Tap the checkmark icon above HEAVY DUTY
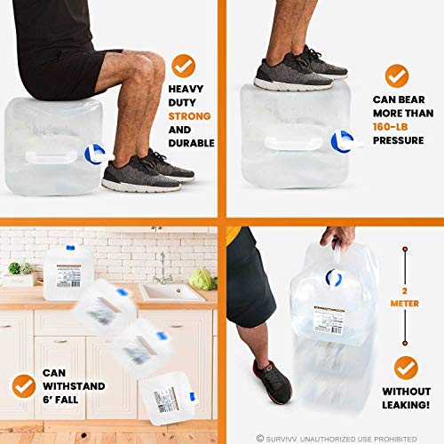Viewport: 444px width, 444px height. [184, 64]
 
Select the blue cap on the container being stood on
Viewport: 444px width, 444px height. [339, 139]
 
